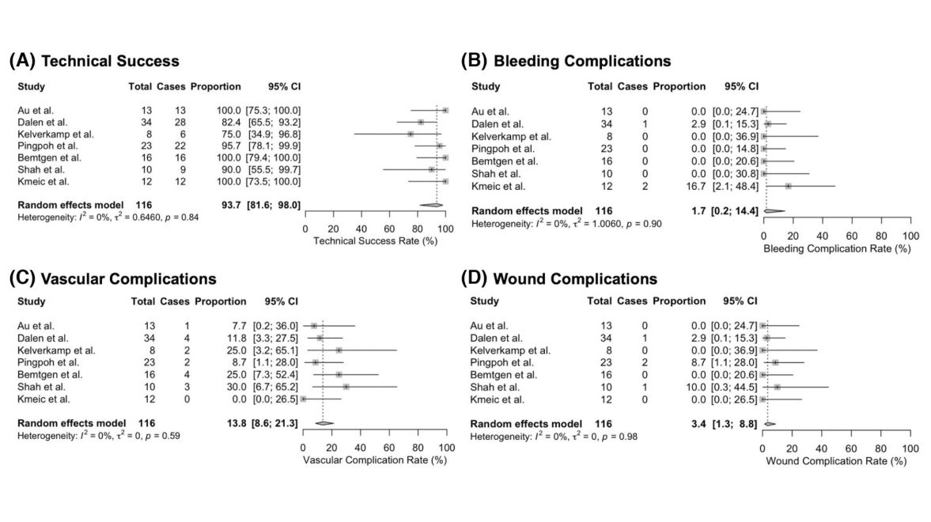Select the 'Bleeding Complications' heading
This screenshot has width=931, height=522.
click(x=581, y=61)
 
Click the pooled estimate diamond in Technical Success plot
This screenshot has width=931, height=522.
click(x=431, y=205)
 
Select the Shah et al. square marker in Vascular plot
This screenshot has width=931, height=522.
click(x=346, y=387)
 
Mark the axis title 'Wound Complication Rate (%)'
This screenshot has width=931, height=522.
click(x=837, y=461)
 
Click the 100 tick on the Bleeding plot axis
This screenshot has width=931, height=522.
click(x=910, y=236)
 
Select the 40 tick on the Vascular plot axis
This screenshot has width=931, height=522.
click(x=361, y=448)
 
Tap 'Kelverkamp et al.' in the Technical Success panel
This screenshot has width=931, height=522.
click(x=55, y=134)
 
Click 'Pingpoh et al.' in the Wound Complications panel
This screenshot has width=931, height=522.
click(x=502, y=362)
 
